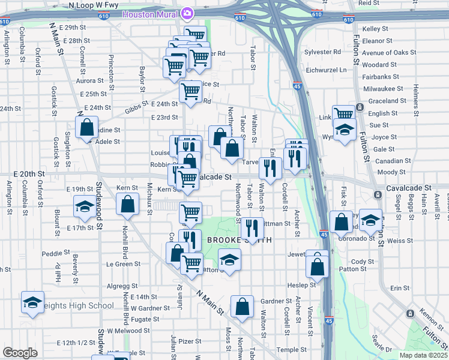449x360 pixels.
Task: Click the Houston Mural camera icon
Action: coord(187,13)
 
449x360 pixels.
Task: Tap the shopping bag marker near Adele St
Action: coord(87,127)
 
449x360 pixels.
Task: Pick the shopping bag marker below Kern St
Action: coord(128,205)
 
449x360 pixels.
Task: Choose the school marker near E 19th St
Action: coord(84,206)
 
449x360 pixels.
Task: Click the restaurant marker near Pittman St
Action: coord(252,228)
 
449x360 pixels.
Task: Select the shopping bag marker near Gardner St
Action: coord(242,307)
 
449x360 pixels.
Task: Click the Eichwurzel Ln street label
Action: coord(326,70)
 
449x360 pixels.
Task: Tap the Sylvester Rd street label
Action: coord(322,52)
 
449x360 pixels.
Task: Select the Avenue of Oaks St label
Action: coord(389,53)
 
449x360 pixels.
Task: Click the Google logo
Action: coord(20,352)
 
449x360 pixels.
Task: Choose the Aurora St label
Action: coord(89,80)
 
